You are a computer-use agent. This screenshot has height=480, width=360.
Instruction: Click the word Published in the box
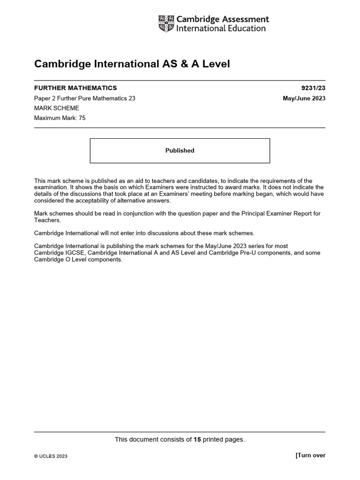180,150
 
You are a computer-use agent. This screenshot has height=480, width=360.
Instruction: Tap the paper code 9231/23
313,88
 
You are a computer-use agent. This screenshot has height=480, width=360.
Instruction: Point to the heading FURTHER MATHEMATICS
75,88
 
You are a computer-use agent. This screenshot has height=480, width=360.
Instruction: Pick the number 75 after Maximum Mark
82,118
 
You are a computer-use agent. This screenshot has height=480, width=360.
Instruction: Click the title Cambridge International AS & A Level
132,64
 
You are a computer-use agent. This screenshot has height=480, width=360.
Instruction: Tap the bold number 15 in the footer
197,439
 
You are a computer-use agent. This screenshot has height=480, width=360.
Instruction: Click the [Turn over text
310,455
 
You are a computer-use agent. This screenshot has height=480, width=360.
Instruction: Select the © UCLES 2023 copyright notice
51,456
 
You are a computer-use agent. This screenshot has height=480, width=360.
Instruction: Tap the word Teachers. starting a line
47,220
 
